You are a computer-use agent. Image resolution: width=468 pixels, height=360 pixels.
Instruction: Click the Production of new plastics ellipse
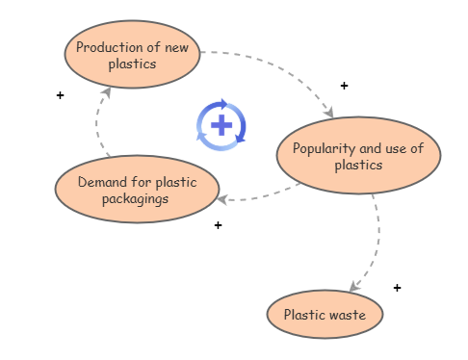[132, 55]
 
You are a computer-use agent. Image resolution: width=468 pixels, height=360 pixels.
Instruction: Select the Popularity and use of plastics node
[358, 155]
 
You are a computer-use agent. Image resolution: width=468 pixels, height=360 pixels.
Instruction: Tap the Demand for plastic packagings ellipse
[136, 190]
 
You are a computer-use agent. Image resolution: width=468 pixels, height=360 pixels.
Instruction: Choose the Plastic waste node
[325, 314]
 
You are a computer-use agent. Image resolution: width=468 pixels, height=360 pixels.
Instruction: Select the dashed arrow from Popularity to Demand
[265, 195]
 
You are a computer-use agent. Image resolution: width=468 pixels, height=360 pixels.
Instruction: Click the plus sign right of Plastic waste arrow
[397, 287]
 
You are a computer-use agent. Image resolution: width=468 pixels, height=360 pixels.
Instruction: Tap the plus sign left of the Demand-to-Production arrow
[60, 95]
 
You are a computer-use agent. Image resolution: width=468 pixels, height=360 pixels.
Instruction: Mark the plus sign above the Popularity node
[344, 86]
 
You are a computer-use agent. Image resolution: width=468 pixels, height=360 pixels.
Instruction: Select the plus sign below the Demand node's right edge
[218, 225]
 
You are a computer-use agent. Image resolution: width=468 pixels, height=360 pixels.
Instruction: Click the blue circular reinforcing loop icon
[221, 125]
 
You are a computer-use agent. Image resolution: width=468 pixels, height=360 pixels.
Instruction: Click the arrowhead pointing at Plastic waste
[354, 286]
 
